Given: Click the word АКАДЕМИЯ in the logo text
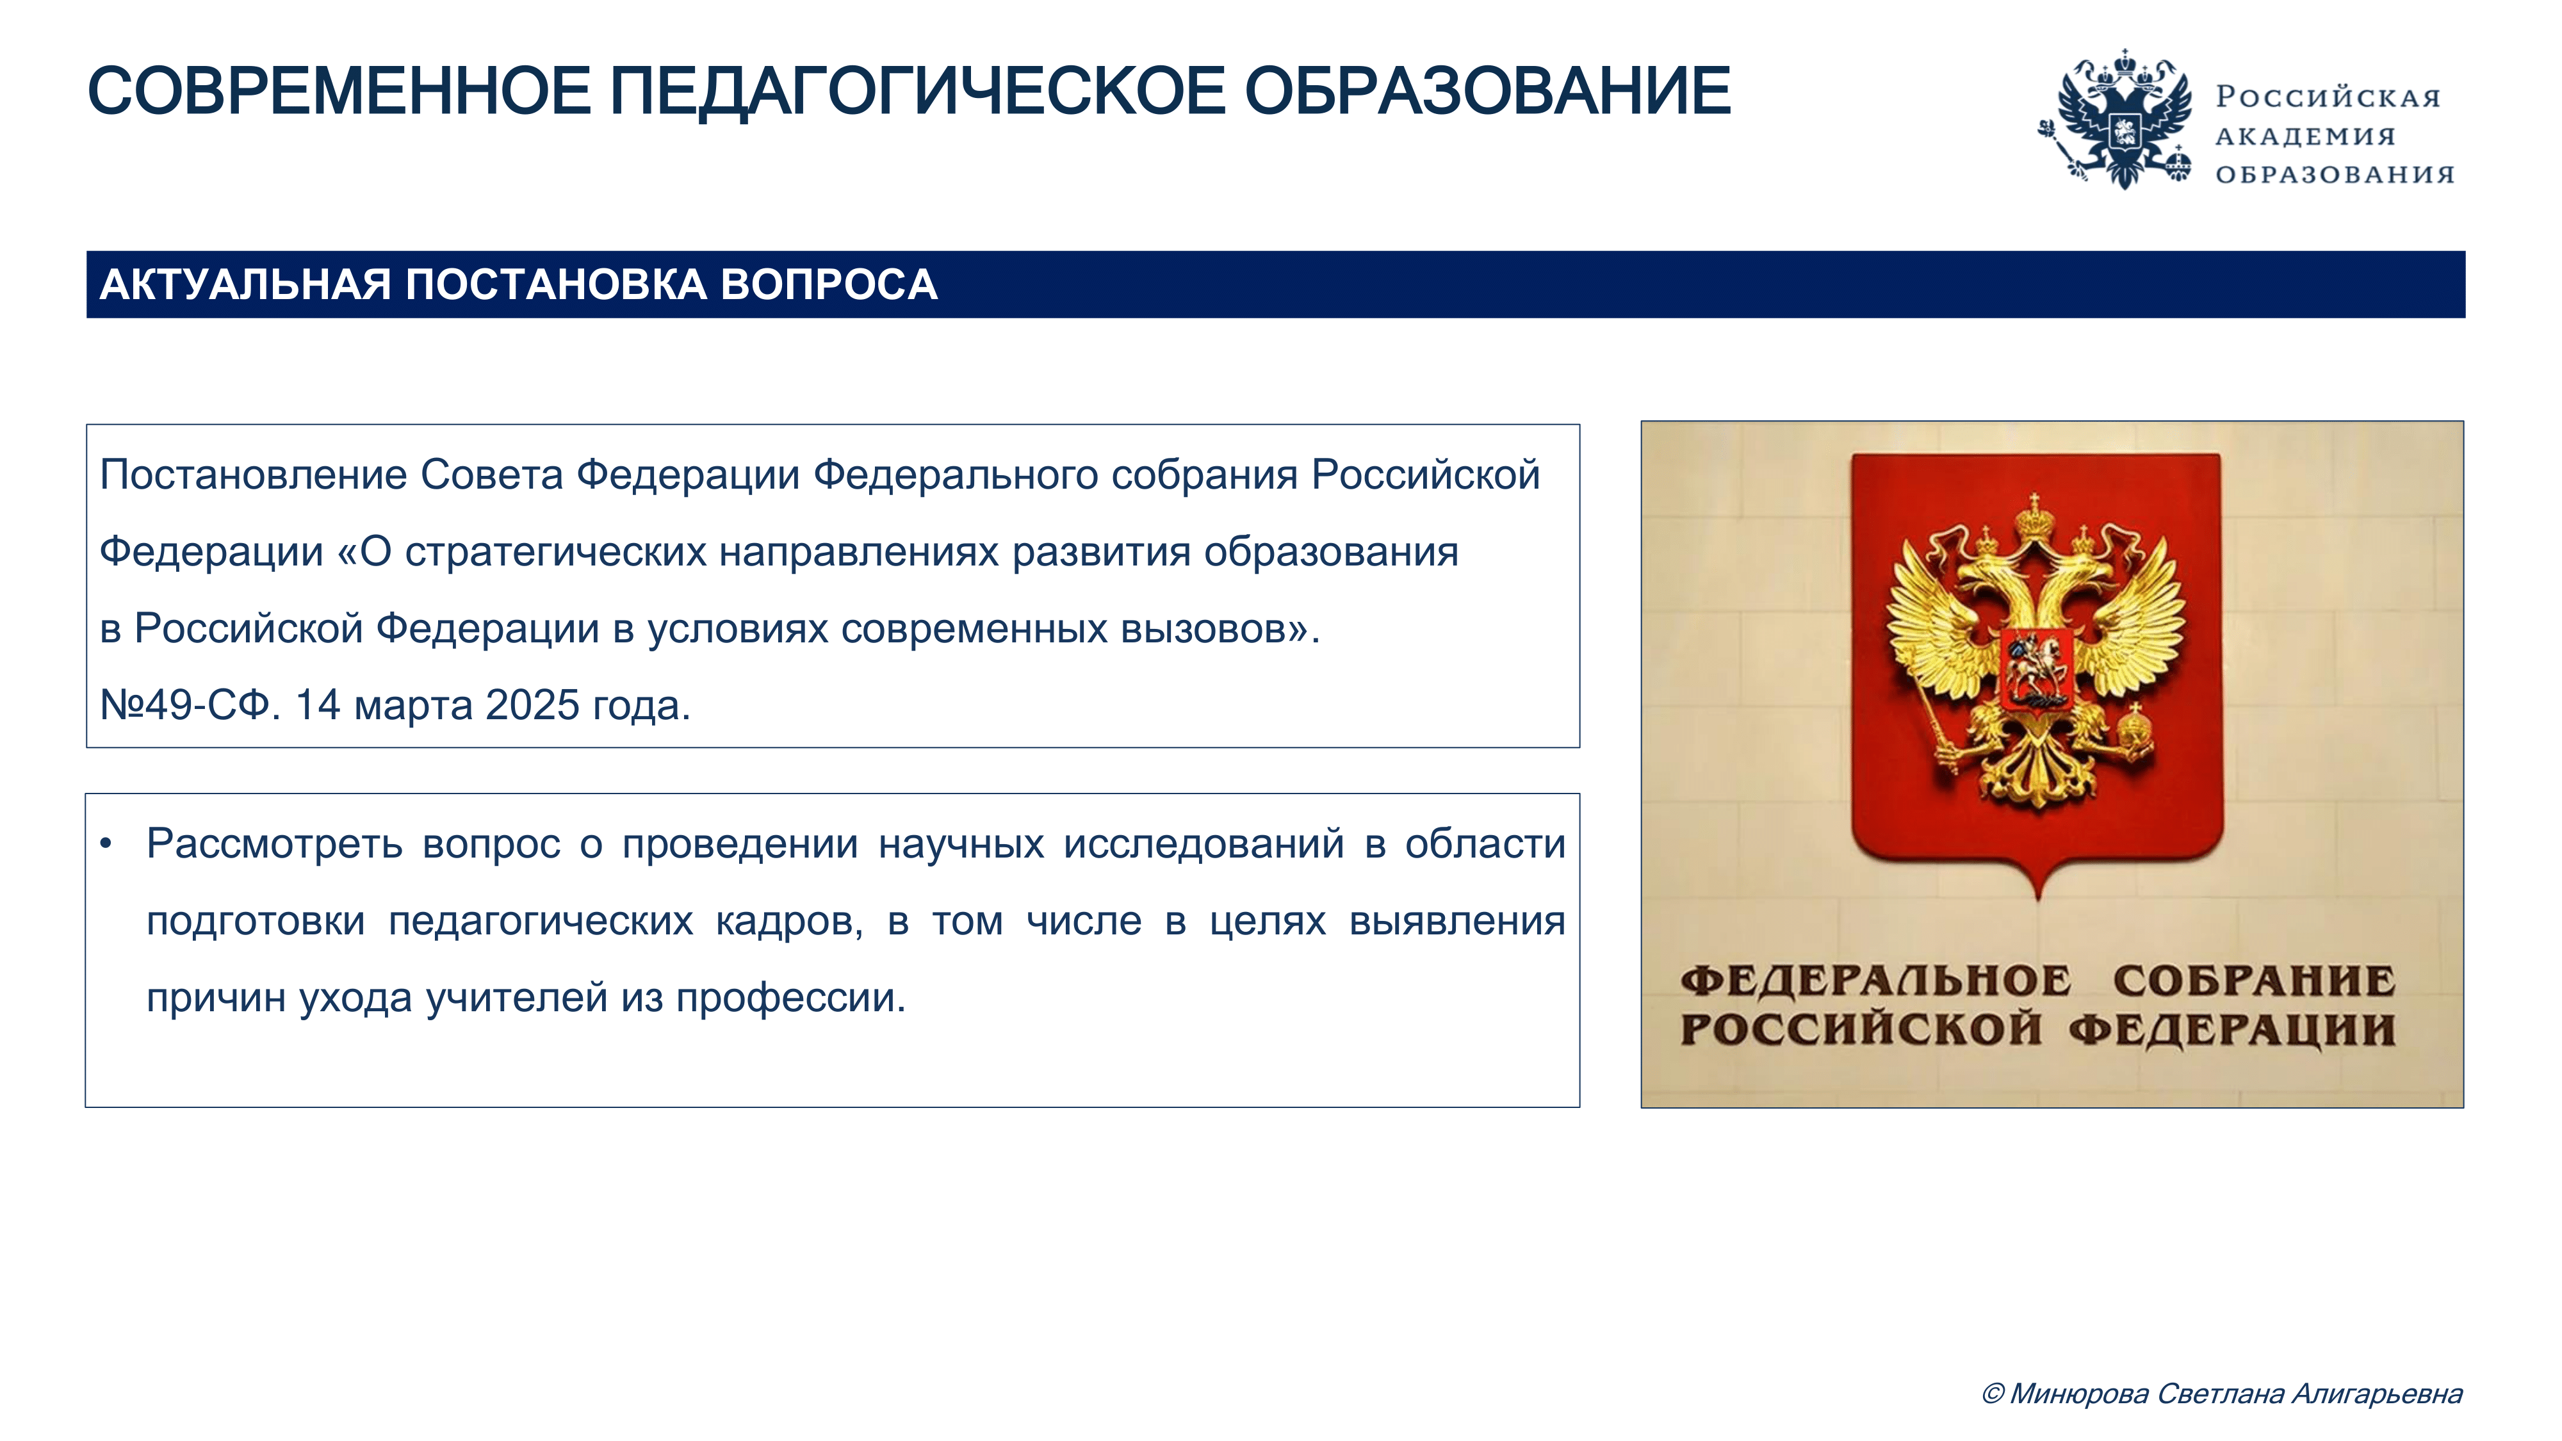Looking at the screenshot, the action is tap(2305, 136).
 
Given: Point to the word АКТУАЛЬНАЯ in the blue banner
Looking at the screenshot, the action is tap(245, 284).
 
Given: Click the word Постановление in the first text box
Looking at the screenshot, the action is tap(254, 475).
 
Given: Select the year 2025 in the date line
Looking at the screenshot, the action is tap(532, 705).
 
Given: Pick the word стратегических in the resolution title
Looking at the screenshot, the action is tap(555, 553).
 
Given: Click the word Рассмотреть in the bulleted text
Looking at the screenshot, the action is tap(275, 844).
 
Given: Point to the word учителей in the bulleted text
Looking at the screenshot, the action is tap(517, 997).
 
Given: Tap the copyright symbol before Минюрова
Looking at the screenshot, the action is tap(1992, 1394).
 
